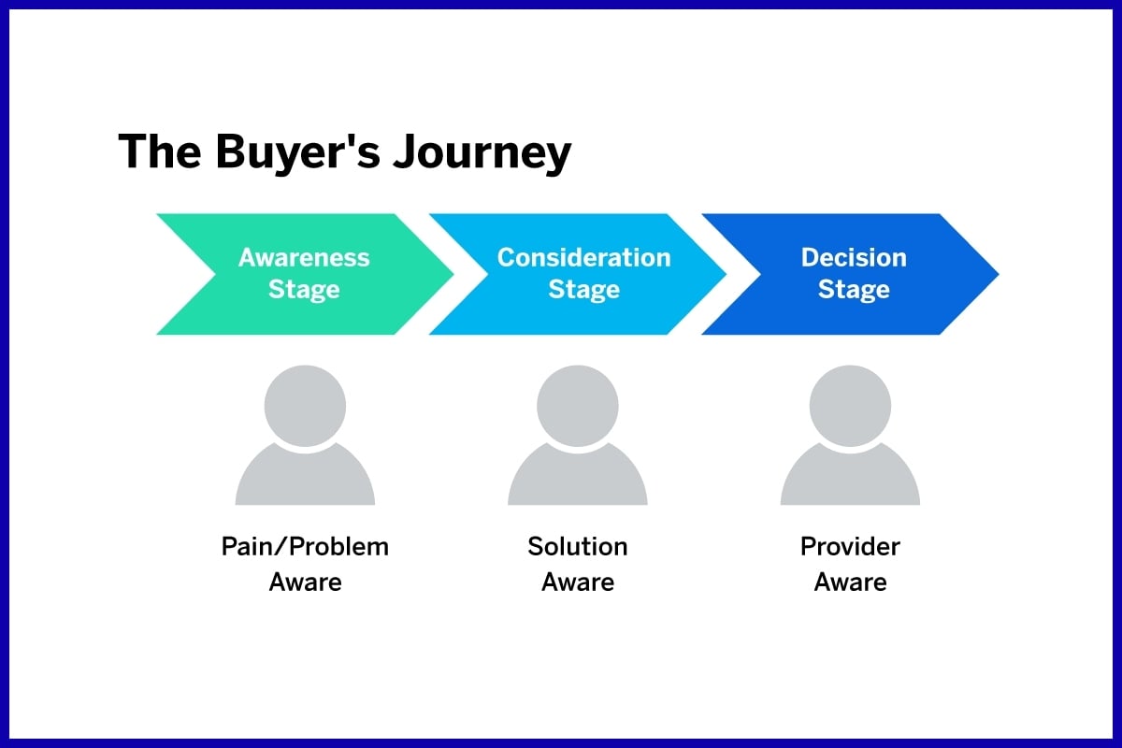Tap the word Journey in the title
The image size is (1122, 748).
pyautogui.click(x=482, y=153)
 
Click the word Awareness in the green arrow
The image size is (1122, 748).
pyautogui.click(x=304, y=258)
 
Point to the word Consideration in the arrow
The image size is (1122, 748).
pyautogui.click(x=583, y=258)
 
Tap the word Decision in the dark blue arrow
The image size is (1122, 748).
pyautogui.click(x=854, y=258)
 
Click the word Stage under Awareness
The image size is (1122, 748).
pyautogui.click(x=304, y=290)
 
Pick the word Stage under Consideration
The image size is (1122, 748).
pyautogui.click(x=583, y=290)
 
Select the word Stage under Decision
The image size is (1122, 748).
pyautogui.click(x=854, y=290)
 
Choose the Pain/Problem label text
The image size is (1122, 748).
pyautogui.click(x=305, y=547)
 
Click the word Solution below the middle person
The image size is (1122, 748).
pyautogui.click(x=578, y=546)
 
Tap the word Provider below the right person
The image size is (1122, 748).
pyautogui.click(x=850, y=546)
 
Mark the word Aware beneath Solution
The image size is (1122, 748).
pyautogui.click(x=578, y=583)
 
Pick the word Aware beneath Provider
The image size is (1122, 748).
pyautogui.click(x=850, y=583)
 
